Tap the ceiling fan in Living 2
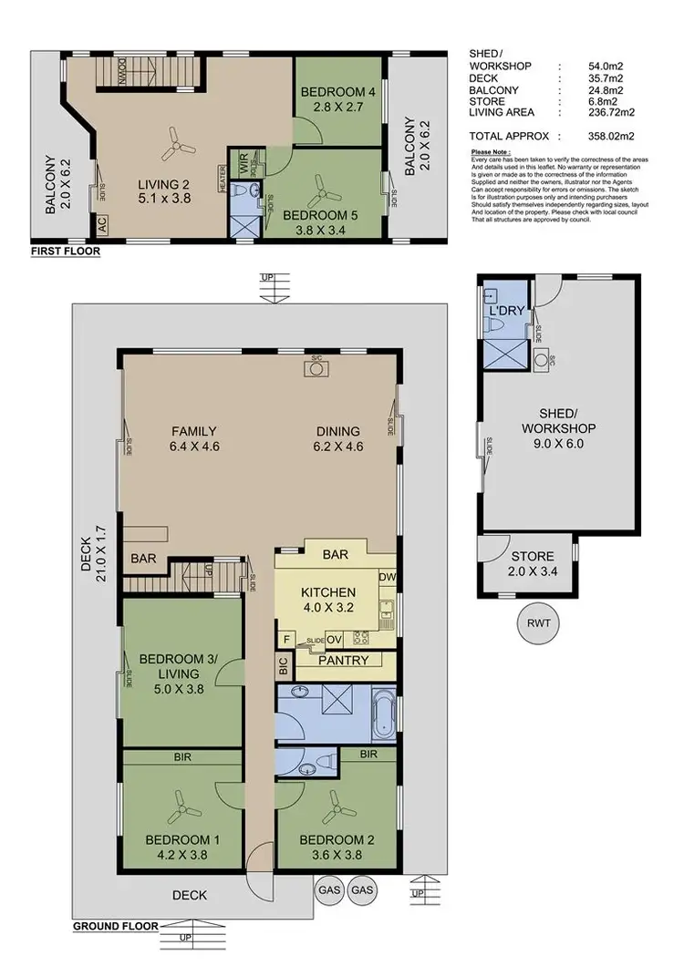[x=173, y=141]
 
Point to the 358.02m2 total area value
[x=615, y=136]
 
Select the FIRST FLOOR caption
[x=65, y=251]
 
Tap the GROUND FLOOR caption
[x=113, y=927]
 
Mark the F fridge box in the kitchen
[x=287, y=639]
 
